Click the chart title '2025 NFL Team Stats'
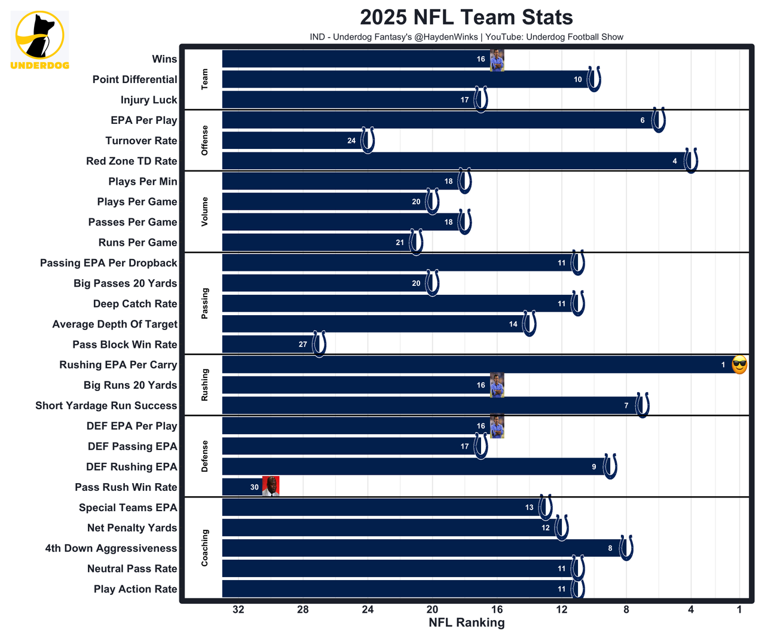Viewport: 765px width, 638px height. click(466, 17)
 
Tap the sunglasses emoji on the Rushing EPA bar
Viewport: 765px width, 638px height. click(739, 365)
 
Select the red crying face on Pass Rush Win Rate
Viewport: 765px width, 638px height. click(271, 487)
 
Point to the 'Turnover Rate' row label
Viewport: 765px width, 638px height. click(141, 141)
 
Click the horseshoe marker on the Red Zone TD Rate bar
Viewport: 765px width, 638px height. click(691, 161)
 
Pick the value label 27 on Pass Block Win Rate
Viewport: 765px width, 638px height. click(303, 344)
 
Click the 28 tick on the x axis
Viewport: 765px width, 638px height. click(303, 609)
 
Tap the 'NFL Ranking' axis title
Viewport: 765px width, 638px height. click(466, 622)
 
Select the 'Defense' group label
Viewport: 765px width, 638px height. click(204, 456)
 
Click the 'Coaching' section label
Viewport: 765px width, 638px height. click(204, 548)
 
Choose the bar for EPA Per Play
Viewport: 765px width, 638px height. click(430, 120)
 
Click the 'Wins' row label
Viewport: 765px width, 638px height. click(164, 59)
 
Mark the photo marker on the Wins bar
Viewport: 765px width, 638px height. click(497, 60)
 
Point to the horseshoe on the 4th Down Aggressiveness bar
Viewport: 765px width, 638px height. click(626, 548)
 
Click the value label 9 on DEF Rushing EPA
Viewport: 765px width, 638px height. click(594, 467)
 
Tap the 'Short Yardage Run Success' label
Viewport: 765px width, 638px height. click(106, 405)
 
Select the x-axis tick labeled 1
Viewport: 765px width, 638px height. click(739, 609)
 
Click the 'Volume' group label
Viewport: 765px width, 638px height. click(204, 211)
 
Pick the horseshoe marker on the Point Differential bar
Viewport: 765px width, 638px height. click(593, 79)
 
